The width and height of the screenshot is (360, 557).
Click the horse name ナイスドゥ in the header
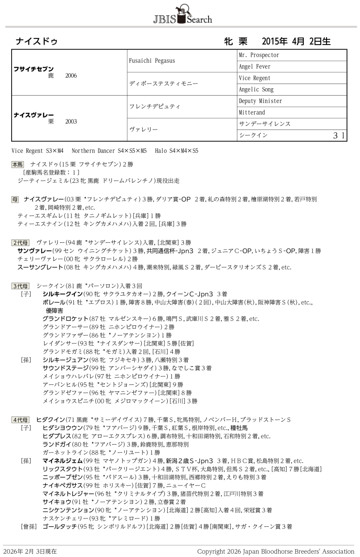click(37, 41)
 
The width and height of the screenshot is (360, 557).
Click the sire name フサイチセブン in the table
click(34, 69)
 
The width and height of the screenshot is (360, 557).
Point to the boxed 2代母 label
click(20, 243)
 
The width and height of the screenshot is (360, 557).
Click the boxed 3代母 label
click(20, 286)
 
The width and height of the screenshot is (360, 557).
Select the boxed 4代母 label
click(20, 420)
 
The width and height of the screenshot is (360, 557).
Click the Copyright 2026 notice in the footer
click(275, 551)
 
